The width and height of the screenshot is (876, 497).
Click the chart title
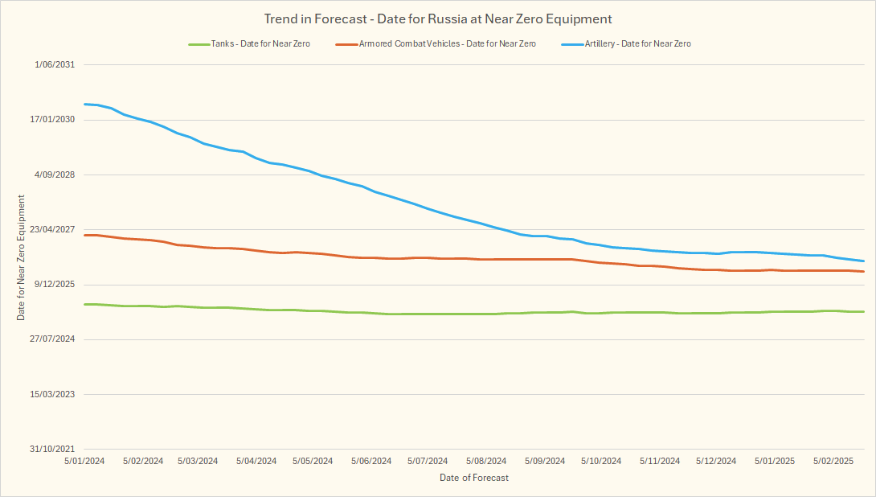pos(438,18)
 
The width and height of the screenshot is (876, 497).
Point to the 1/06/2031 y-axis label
pos(55,64)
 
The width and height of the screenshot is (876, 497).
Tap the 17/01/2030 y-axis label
pos(52,120)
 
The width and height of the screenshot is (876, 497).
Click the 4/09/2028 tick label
pos(55,175)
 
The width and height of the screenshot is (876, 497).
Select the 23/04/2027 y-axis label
pos(52,229)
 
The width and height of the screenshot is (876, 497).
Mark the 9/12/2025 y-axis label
pos(55,284)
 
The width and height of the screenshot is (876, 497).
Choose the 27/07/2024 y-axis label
pos(52,339)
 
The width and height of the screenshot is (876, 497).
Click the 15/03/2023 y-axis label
pos(52,394)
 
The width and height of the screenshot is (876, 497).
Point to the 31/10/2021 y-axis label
pos(52,449)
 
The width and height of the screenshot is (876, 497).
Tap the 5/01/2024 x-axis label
pos(84,461)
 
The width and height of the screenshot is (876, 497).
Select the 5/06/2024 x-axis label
pos(370,461)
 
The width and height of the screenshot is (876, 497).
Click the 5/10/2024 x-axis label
pos(600,461)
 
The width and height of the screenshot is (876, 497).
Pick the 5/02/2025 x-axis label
pos(833,461)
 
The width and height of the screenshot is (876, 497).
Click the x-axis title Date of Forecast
pos(474,478)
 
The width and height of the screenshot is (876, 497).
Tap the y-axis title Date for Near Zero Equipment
pos(22,257)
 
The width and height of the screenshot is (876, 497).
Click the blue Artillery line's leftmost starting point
pos(84,104)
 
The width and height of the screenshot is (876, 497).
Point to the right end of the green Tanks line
pos(863,311)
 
